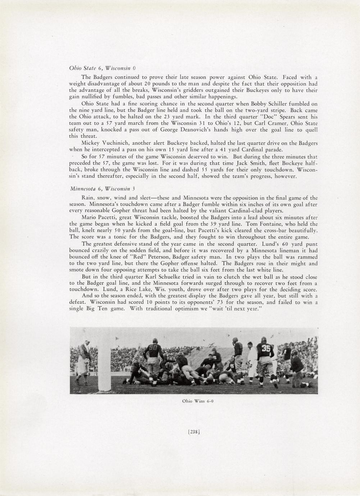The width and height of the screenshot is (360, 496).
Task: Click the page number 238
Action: (194, 432)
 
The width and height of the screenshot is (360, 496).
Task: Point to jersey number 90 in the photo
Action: (153, 348)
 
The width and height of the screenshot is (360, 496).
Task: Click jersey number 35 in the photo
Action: (266, 349)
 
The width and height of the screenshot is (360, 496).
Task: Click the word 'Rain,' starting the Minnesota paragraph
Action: (88, 198)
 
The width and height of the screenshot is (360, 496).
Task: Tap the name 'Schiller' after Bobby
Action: (284, 104)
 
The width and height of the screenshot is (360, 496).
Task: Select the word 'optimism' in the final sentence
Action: (187, 309)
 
